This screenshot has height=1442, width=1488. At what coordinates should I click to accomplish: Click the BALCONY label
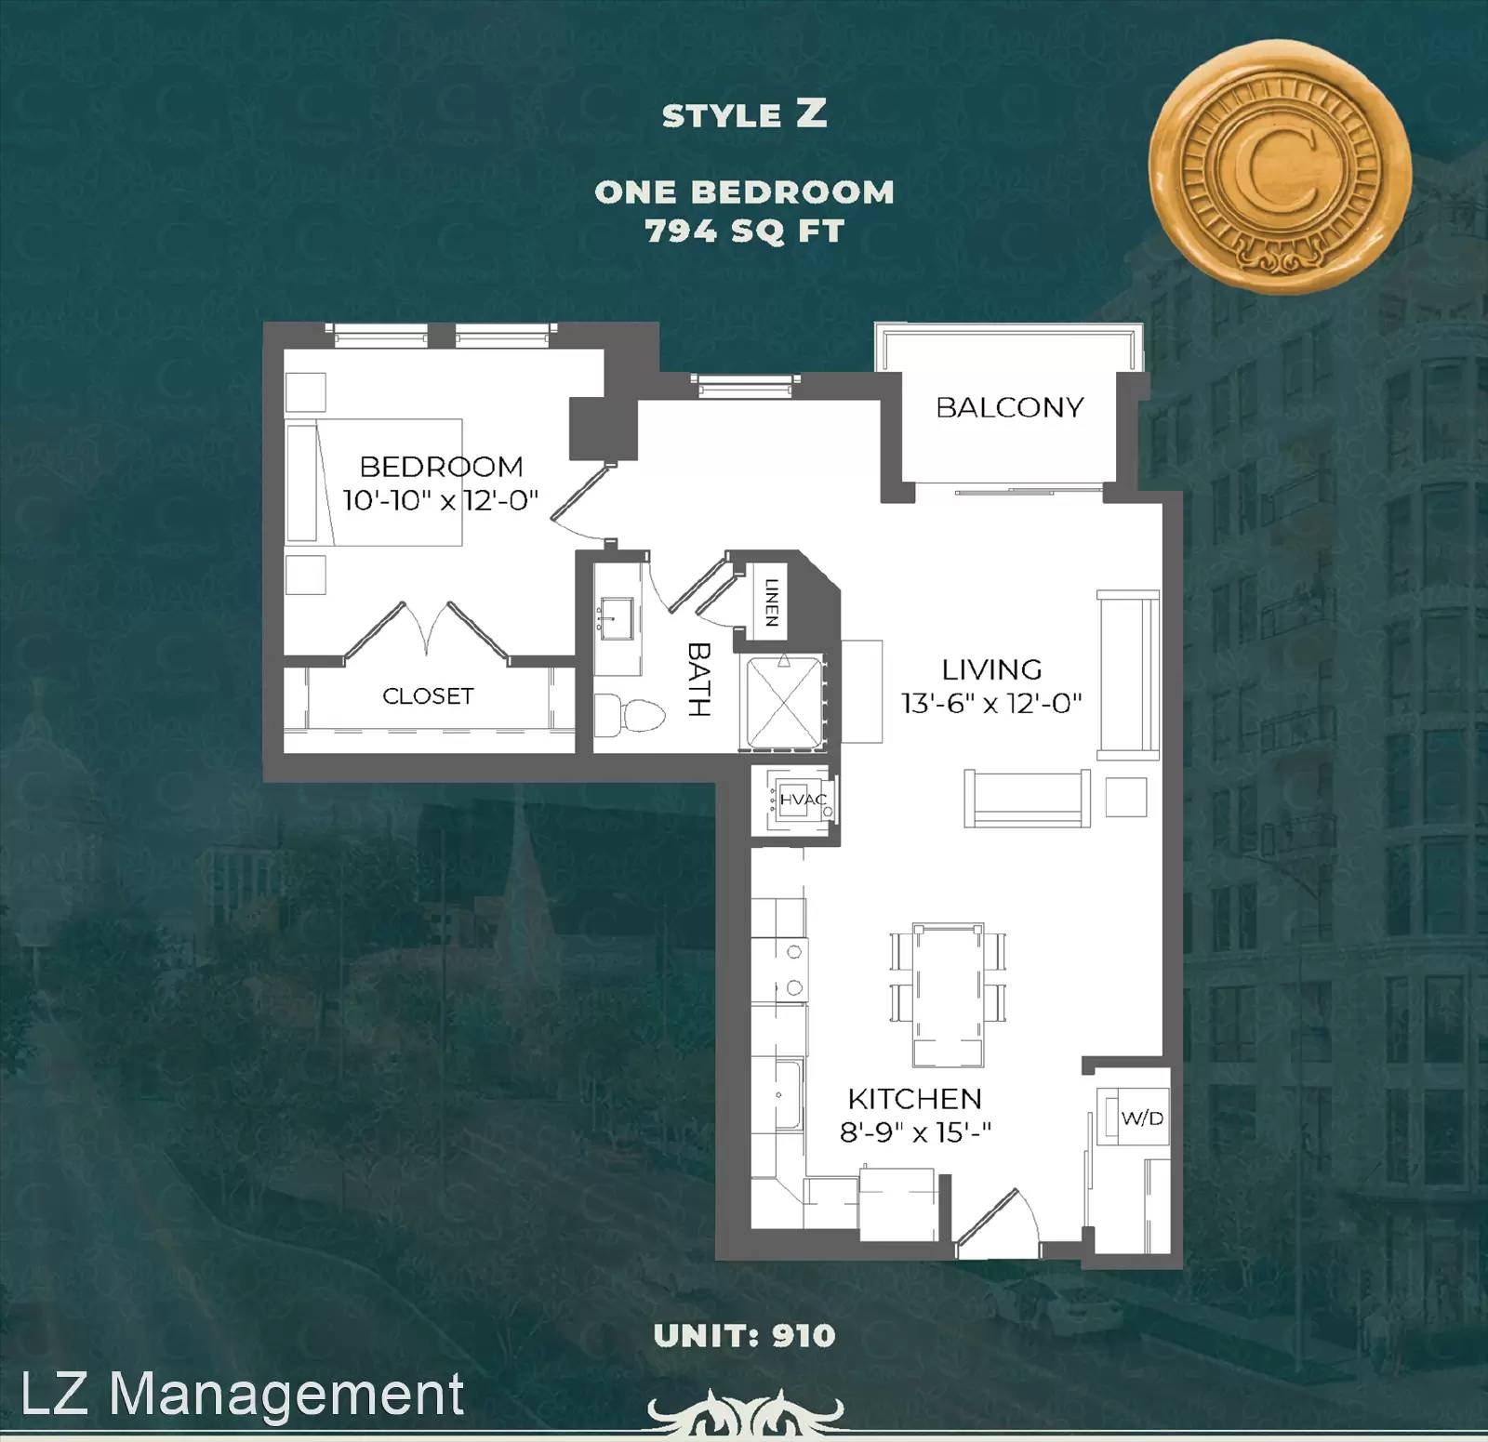(1009, 407)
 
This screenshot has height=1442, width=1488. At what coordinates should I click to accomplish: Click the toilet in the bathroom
(630, 715)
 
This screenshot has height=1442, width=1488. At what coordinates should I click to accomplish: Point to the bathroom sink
(613, 619)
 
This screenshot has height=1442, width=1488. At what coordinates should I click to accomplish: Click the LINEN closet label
(771, 602)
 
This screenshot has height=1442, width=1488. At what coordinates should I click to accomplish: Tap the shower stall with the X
(784, 701)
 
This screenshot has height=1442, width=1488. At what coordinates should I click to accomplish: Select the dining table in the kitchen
(948, 994)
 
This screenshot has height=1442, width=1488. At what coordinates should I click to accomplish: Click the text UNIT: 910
(745, 1336)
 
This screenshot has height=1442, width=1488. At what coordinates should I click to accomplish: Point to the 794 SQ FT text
(745, 231)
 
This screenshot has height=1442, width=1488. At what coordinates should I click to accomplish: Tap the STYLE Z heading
(745, 114)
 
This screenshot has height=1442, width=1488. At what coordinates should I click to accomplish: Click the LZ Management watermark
(242, 1394)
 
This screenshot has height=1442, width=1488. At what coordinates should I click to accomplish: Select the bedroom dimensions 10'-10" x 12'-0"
(441, 500)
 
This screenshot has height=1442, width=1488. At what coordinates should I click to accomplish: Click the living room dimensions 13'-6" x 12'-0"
(991, 703)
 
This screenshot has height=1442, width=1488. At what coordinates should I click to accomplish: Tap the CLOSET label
(428, 695)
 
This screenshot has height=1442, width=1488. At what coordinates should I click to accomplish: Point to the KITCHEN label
(914, 1099)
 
